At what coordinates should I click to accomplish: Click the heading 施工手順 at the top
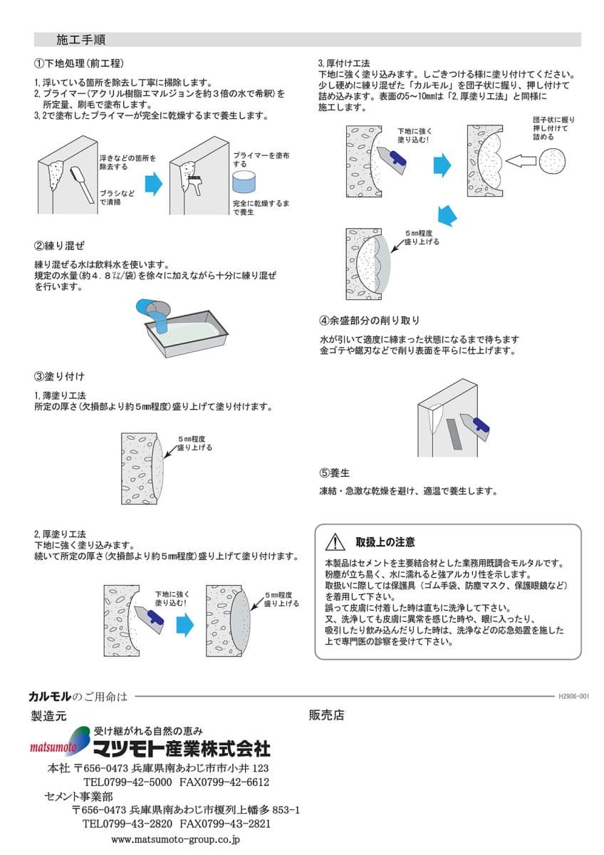pyautogui.click(x=81, y=39)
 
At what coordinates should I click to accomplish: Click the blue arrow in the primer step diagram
pyautogui.click(x=153, y=185)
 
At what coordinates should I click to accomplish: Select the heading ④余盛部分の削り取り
pyautogui.click(x=370, y=321)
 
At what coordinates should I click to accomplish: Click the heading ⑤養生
pyautogui.click(x=334, y=472)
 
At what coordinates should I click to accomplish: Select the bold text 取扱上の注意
pyautogui.click(x=385, y=542)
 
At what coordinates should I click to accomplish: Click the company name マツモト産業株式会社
pyautogui.click(x=182, y=748)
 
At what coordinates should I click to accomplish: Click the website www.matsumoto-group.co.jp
pyautogui.click(x=176, y=840)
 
